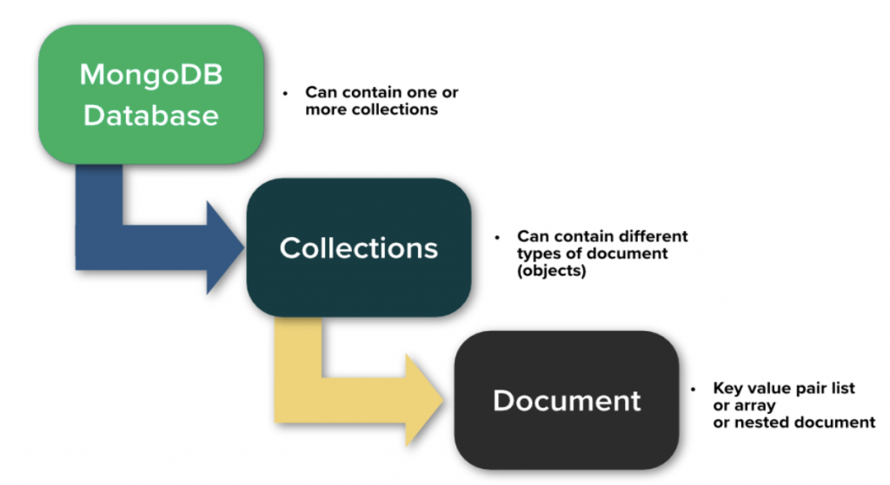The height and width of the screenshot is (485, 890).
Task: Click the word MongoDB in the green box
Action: (x=150, y=75)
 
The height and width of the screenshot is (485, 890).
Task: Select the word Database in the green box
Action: (x=150, y=114)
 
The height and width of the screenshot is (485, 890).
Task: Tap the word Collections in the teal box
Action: (x=358, y=248)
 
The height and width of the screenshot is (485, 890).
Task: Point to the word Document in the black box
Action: (x=567, y=401)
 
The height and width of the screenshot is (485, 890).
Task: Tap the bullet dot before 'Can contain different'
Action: (x=498, y=236)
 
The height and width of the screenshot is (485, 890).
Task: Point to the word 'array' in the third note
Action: (x=754, y=406)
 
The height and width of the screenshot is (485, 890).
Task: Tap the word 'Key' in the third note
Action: (x=727, y=389)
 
